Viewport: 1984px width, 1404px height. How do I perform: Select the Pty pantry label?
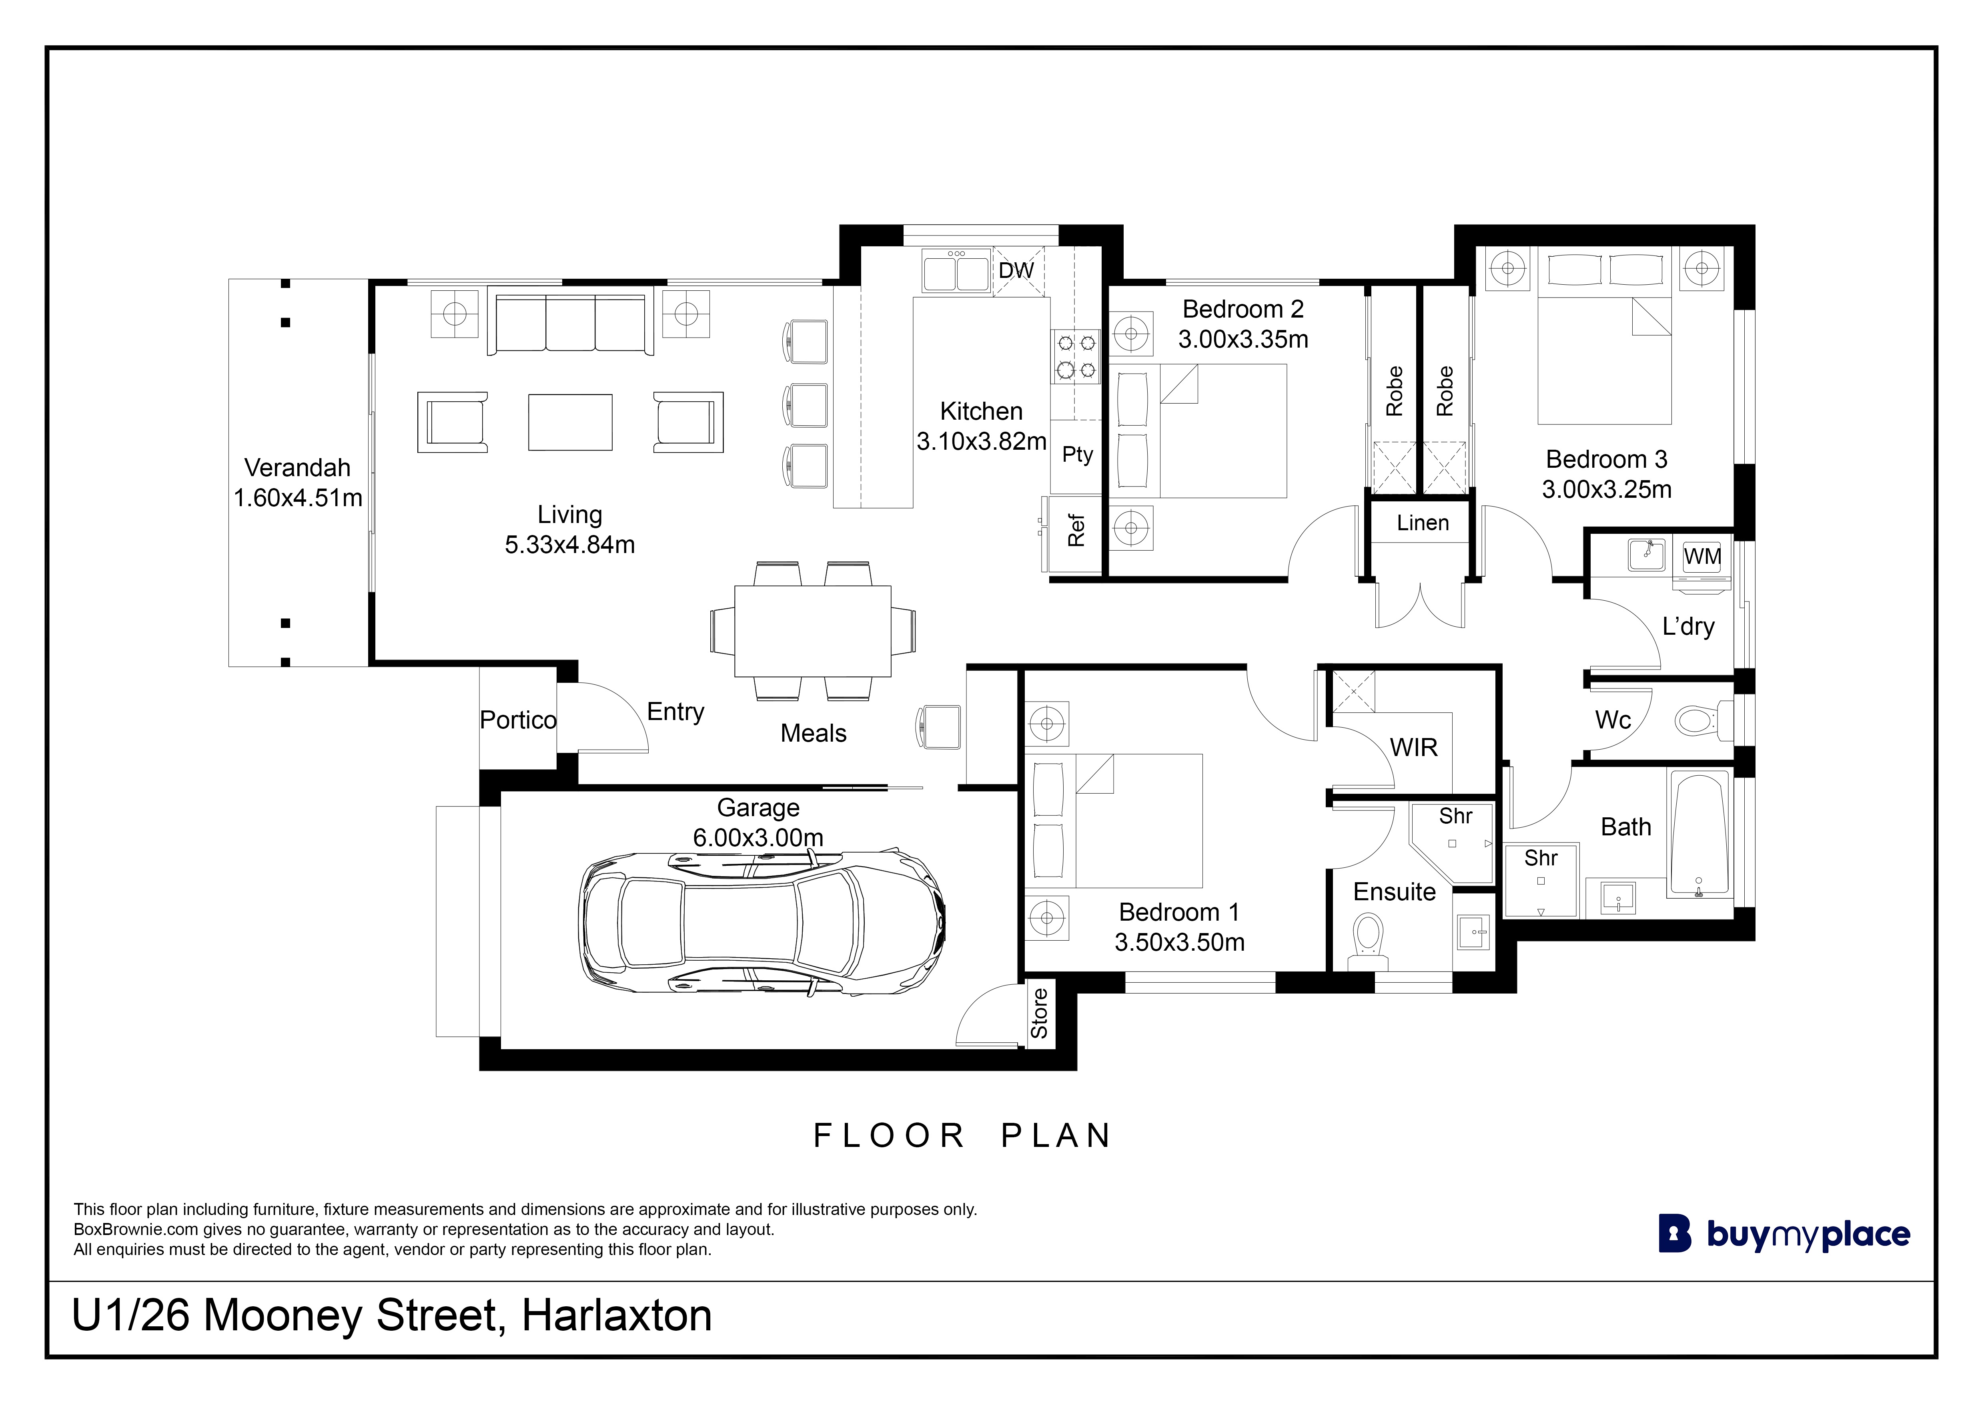[x=1078, y=455]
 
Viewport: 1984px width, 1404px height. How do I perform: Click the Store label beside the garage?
[x=1040, y=1013]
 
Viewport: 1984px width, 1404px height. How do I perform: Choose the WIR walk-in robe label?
[x=1414, y=748]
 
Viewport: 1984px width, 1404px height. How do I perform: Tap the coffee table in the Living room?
[x=570, y=423]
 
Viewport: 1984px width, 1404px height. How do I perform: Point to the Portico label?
[x=519, y=720]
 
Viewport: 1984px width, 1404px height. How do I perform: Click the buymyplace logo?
[x=1784, y=1235]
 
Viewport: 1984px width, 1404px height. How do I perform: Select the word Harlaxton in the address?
[x=617, y=1316]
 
